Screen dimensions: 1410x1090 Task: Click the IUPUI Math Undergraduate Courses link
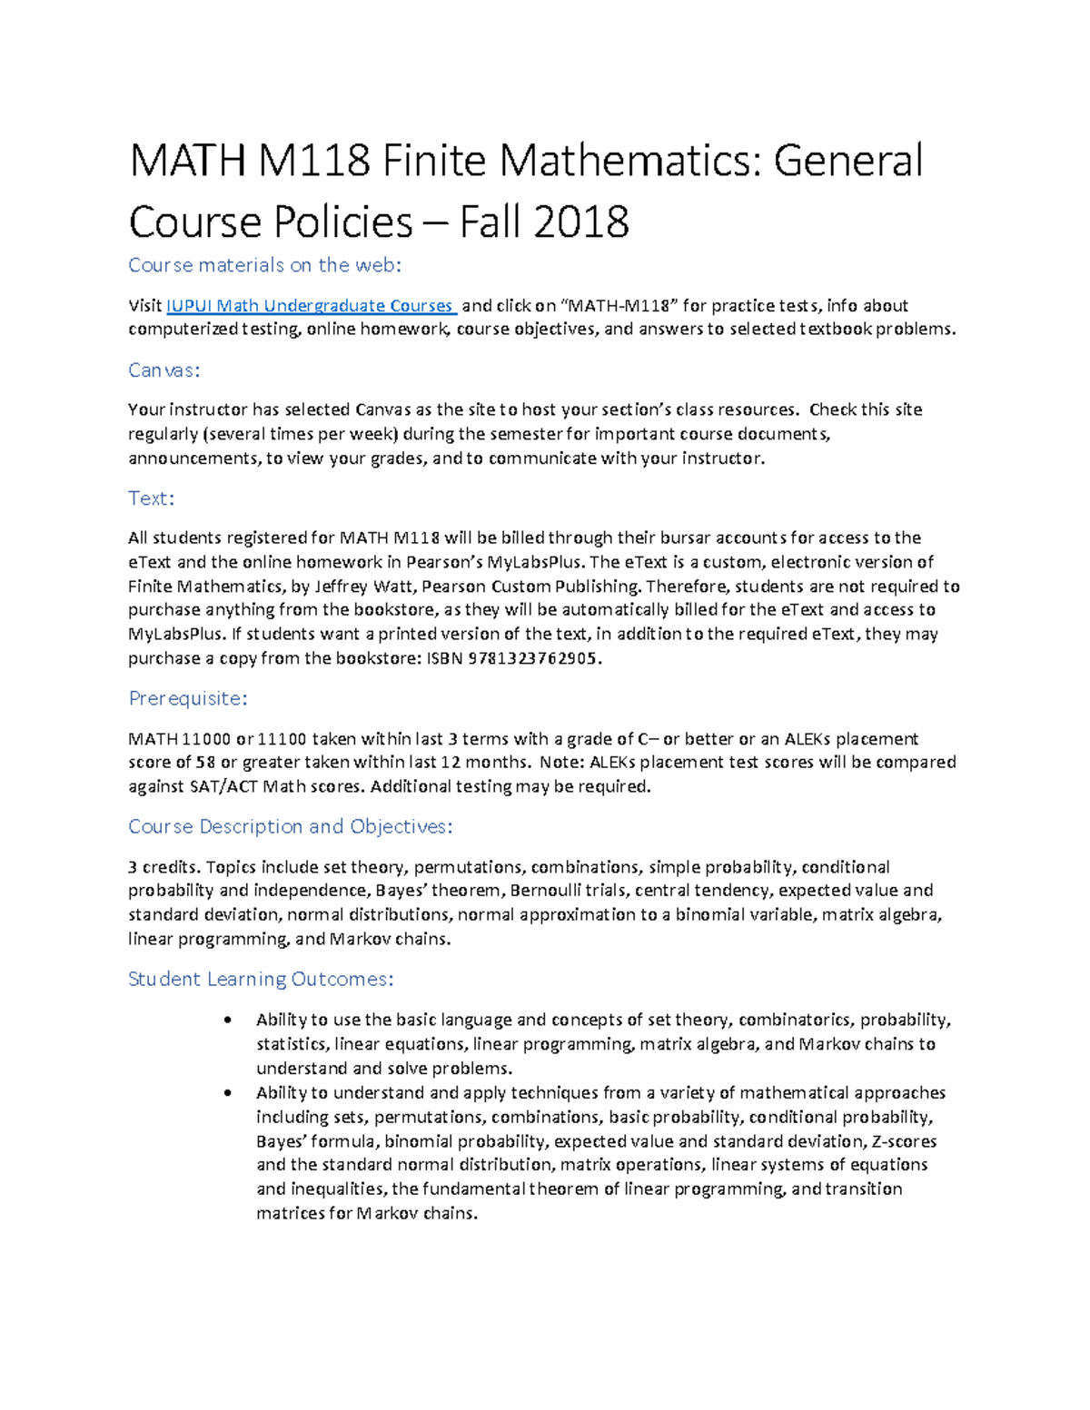click(310, 306)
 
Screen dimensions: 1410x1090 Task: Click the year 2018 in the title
click(581, 222)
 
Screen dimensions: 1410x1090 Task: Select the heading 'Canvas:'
click(163, 370)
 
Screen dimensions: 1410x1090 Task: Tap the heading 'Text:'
click(151, 498)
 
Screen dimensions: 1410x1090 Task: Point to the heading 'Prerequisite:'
click(188, 699)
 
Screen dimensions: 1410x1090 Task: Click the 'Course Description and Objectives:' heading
click(290, 827)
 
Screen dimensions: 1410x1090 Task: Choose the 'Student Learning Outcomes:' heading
click(261, 980)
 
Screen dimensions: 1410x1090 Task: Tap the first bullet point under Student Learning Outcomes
click(227, 1021)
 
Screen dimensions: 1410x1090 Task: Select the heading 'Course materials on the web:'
click(264, 265)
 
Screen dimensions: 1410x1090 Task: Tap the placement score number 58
click(206, 763)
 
